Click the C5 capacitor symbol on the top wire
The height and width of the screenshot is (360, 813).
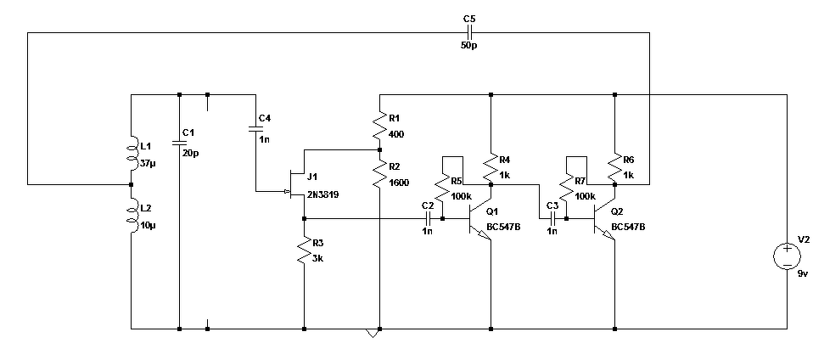pos(468,32)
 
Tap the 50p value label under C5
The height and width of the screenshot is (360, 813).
pos(468,46)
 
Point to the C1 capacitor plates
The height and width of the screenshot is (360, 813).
pos(179,142)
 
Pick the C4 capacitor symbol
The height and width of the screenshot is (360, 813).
pos(255,128)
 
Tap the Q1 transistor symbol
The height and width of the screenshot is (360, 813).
pos(479,219)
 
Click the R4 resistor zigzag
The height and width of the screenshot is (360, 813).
pos(491,166)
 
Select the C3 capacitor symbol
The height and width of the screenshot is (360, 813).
pos(552,218)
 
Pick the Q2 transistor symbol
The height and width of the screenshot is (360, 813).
pos(604,219)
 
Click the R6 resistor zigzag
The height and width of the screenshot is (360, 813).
pos(614,166)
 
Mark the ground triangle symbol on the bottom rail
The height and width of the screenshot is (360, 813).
pos(373,333)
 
